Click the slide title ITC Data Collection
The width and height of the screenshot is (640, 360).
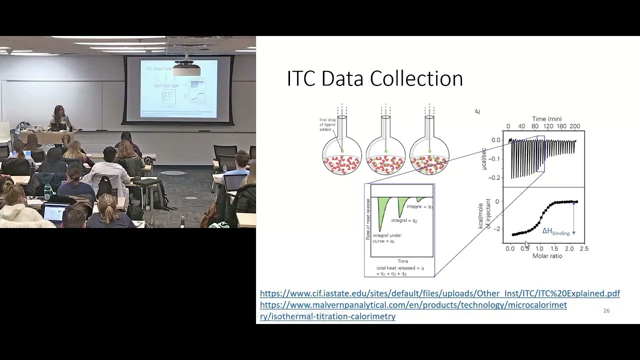pos(374,79)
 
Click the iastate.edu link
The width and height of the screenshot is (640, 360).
pos(439,293)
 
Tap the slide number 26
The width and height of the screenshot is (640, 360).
pos(606,311)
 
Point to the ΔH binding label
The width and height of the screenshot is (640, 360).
pos(556,231)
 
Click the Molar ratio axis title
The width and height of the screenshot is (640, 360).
pos(547,256)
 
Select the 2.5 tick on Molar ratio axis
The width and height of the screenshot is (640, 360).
pos(583,248)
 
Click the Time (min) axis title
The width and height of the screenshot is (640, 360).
pos(546,119)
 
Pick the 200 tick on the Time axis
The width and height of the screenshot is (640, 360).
pos(574,126)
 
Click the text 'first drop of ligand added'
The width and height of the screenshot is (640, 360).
pos(328,125)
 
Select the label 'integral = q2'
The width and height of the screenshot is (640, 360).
pos(404,220)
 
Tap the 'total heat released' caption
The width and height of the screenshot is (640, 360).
pos(399,271)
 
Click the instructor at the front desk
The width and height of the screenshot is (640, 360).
pos(59,118)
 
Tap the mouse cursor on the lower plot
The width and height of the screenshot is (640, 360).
pos(527,245)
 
